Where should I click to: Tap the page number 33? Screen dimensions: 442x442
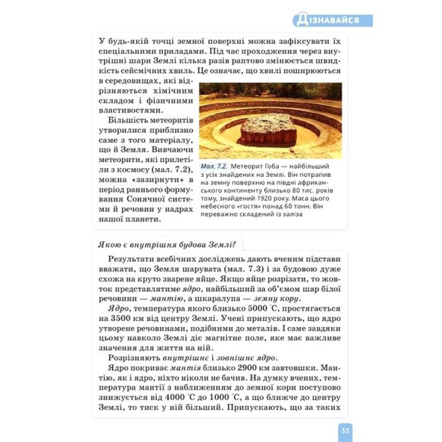pyautogui.click(x=344, y=430)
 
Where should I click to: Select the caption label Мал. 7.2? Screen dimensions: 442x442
pyautogui.click(x=214, y=166)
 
